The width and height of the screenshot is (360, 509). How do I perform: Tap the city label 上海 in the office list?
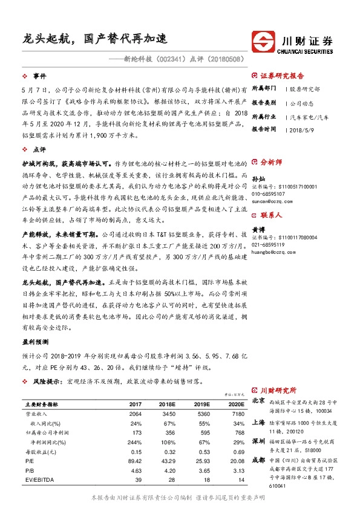[258, 423]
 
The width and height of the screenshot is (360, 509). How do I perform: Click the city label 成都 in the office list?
[258, 460]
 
